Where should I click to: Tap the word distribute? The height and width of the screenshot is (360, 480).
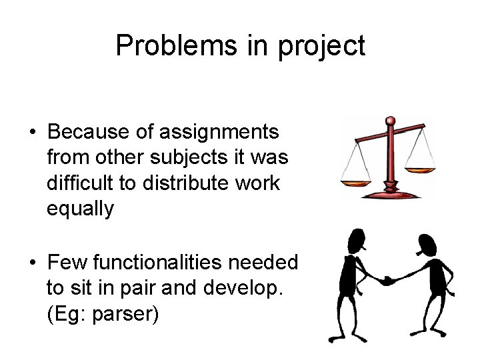pos(174,183)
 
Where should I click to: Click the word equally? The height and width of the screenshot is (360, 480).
pos(80,209)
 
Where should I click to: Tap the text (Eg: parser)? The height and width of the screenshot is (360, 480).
pos(103,313)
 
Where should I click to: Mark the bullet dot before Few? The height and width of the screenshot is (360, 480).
pos(33,263)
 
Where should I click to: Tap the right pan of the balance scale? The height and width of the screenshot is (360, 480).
pos(421,169)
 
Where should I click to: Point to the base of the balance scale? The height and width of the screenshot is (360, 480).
pos(391,193)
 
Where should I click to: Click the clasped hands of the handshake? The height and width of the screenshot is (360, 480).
pos(387,281)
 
